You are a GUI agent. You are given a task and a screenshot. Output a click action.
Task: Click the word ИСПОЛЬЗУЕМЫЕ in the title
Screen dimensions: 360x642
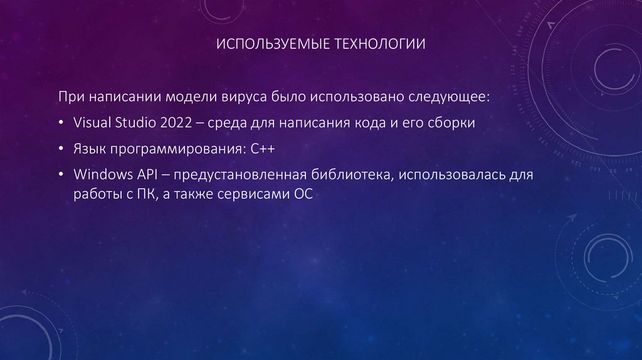264,45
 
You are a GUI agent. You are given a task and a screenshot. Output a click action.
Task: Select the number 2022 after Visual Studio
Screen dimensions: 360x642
177,122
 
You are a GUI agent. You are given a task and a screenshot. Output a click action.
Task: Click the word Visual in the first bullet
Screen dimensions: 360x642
92,122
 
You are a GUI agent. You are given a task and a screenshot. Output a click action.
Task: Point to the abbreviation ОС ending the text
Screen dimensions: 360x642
302,194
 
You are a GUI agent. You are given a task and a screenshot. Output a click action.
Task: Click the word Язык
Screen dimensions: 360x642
90,149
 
